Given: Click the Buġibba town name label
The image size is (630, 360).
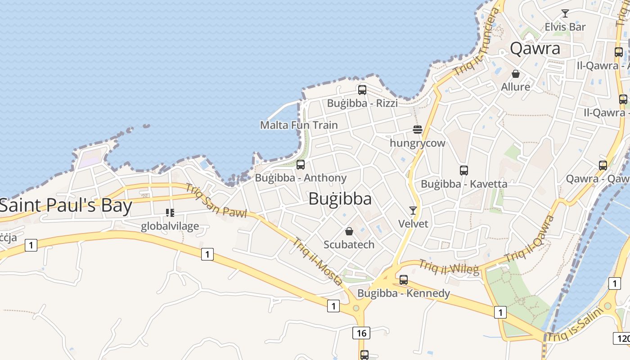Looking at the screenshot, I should [x=340, y=198].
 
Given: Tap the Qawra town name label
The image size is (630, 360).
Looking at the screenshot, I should [x=535, y=48].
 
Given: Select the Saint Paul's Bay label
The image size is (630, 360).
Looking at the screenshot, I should [x=66, y=206].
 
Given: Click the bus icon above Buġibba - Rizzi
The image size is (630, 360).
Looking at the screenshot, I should [x=362, y=90].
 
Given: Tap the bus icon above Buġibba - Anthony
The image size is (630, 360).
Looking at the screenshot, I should [x=301, y=165].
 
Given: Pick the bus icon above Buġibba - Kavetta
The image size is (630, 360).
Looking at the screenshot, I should [x=464, y=171].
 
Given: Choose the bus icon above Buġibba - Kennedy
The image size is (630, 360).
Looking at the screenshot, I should [x=404, y=280].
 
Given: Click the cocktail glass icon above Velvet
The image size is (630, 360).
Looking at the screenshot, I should [x=413, y=210].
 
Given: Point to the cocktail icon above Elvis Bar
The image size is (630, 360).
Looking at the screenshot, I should [x=565, y=13].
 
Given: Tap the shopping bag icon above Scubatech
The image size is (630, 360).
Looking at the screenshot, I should [x=349, y=231].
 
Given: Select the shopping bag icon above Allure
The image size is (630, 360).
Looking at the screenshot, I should [x=516, y=73].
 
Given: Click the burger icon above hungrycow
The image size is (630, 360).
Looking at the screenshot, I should [x=418, y=130].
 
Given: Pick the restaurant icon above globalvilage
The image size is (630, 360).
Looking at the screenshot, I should [x=170, y=212].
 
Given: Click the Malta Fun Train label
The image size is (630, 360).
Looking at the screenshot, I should [x=299, y=125].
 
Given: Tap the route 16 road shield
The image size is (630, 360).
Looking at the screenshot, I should [x=361, y=333].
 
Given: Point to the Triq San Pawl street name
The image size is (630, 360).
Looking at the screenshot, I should [x=216, y=201].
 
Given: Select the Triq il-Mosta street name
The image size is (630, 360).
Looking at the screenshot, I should [x=318, y=261].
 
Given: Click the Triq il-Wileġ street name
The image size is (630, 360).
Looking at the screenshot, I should [x=449, y=266].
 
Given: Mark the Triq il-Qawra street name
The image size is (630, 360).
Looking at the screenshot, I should [x=530, y=238].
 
